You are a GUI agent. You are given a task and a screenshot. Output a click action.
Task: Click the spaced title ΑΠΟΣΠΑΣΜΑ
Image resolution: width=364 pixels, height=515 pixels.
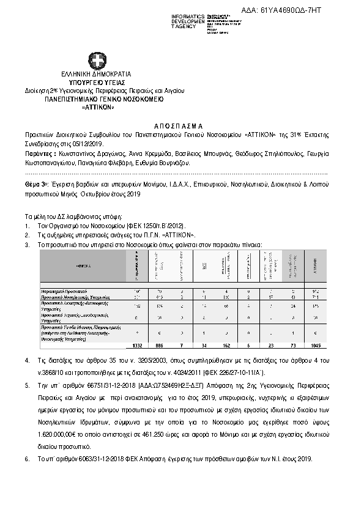tap(182, 123)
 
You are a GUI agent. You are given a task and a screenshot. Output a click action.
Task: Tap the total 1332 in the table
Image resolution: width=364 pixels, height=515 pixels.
tap(136, 346)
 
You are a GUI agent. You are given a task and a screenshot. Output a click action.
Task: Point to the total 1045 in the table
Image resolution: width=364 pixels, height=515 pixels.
tap(315, 346)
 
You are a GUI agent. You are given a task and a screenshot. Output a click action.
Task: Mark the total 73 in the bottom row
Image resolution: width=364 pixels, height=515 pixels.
tap(292, 346)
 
